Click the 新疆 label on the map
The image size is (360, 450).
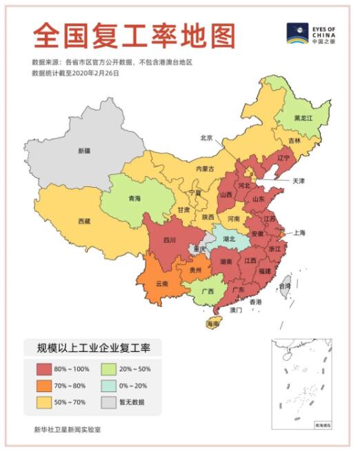tap(83, 150)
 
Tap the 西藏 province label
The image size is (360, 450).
tap(83, 221)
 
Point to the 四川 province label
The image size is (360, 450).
tap(170, 239)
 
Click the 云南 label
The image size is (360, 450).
tap(161, 284)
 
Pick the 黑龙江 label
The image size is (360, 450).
tap(303, 118)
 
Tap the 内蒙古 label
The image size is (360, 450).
tap(205, 168)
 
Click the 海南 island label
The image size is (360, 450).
tap(213, 323)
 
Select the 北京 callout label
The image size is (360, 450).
tap(206, 137)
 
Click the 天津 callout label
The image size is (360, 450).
tap(298, 181)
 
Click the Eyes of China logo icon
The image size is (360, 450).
tap(299, 33)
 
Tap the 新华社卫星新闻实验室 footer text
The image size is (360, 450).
tap(68, 429)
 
